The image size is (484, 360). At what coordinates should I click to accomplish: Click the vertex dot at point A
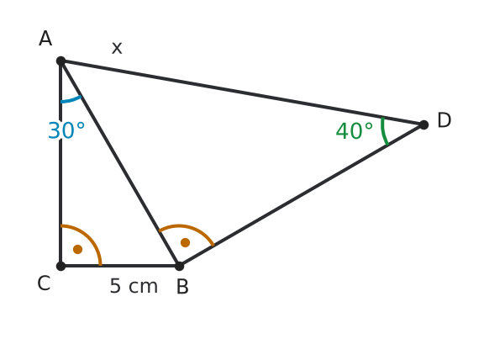point(61,61)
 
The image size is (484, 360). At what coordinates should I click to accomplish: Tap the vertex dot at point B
point(179,266)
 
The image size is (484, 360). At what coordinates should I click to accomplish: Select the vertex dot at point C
point(61,266)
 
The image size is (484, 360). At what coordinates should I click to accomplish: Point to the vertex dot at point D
point(423,124)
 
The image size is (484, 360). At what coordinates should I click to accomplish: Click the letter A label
point(45,39)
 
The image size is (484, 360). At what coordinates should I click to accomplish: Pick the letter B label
point(182,287)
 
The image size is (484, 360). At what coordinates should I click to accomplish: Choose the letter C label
point(44,283)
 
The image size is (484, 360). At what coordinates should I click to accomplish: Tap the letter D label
point(445,120)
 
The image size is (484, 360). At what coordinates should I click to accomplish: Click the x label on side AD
point(117,48)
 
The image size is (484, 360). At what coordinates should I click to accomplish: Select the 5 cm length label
point(134,286)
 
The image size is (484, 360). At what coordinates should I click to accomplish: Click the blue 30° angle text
point(66,130)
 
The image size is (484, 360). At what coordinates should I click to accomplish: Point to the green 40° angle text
point(354,130)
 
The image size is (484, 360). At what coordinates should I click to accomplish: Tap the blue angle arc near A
point(71,100)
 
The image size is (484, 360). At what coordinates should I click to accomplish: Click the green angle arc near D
point(384,131)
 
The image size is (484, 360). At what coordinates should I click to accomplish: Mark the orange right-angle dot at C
point(78,249)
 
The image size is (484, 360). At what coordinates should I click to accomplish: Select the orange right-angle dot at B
point(185,242)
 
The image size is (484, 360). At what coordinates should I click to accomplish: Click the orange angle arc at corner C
point(90,237)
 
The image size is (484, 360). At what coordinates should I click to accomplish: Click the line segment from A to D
point(242,93)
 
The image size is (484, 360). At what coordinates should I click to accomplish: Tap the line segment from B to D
point(302,195)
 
